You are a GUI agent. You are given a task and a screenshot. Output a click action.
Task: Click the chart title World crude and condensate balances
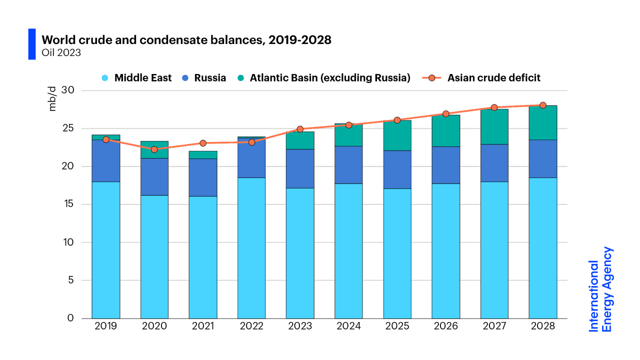tap(186, 40)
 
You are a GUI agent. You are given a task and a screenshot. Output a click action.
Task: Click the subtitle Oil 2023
tap(61, 52)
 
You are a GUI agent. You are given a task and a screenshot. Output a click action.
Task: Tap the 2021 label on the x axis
tap(203, 326)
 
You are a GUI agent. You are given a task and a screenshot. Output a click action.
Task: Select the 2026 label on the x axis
tap(446, 326)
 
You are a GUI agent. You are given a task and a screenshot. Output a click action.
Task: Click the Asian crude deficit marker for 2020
tap(154, 149)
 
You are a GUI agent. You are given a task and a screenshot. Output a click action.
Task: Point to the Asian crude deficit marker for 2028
tap(543, 105)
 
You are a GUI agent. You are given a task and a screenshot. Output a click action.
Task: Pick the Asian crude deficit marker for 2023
tap(300, 129)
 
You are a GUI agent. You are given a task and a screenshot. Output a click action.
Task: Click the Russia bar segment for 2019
tap(106, 160)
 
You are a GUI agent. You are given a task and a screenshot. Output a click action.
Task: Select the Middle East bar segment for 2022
tap(251, 247)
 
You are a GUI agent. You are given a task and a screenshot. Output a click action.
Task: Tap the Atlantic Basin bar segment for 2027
tap(494, 126)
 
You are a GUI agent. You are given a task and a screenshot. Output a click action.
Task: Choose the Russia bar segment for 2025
tap(397, 169)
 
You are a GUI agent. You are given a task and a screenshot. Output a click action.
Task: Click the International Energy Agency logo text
tap(600, 289)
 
